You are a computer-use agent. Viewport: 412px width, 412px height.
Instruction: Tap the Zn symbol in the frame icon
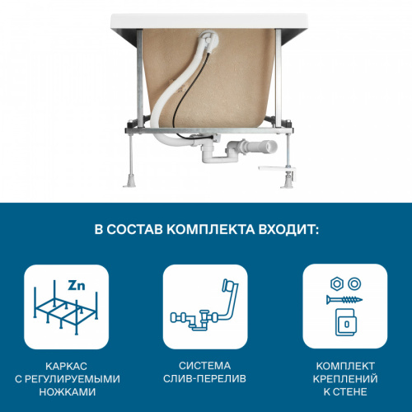pos(77,287)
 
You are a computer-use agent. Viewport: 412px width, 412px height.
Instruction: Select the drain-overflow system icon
pos(206,307)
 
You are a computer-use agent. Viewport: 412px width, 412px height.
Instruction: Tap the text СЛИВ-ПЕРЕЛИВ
pos(206,379)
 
